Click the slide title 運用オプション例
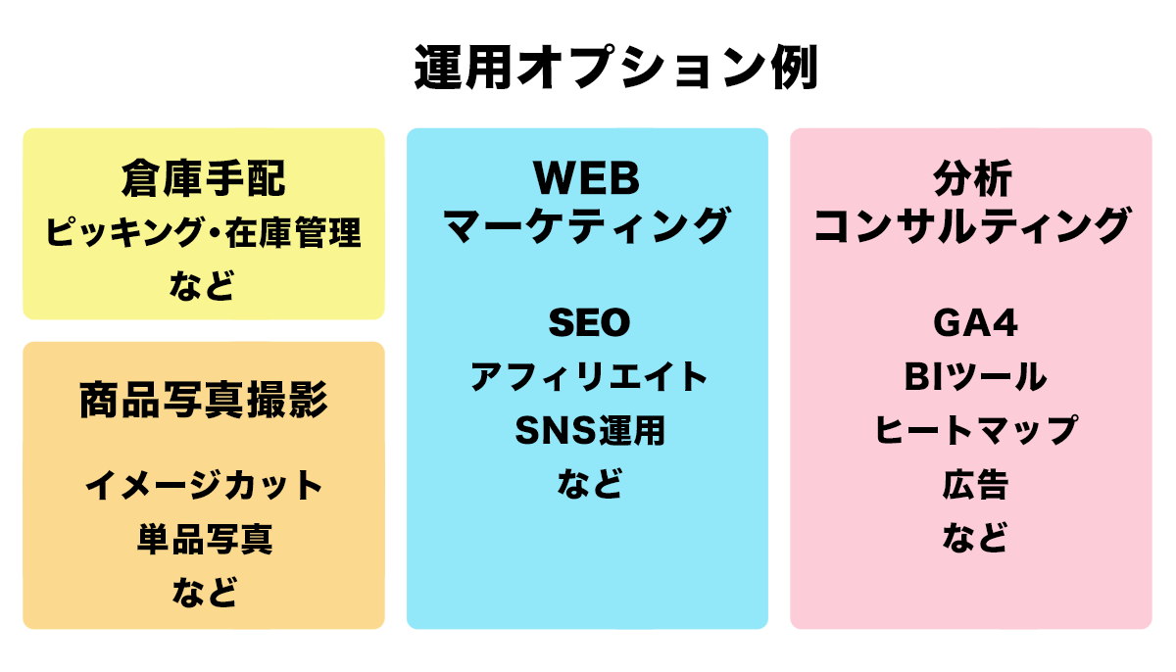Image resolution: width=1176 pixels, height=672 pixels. tap(616, 68)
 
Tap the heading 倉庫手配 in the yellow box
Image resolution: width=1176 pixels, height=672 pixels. tap(204, 178)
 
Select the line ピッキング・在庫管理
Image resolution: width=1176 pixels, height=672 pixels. tap(204, 232)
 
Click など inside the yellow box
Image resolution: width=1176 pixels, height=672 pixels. tap(202, 285)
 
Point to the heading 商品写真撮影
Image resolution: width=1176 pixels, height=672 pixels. tap(204, 400)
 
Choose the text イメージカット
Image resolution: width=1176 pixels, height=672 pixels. tap(204, 485)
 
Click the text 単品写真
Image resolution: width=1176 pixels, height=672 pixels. tap(205, 539)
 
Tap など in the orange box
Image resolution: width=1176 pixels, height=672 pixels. tap(205, 593)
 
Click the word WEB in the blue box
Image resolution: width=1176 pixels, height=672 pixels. tap(587, 178)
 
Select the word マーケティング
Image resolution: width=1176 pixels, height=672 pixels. tap(587, 225)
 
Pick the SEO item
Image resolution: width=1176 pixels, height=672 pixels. tap(589, 322)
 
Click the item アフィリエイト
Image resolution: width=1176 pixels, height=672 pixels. tap(589, 377)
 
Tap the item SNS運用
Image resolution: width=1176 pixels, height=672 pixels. tap(590, 430)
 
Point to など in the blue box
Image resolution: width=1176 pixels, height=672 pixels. tap(590, 483)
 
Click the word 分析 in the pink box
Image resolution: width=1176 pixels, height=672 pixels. tap(972, 178)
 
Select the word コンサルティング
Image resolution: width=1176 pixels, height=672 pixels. tap(971, 225)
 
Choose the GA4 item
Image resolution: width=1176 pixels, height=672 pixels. tap(975, 322)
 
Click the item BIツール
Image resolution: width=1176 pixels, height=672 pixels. tap(975, 377)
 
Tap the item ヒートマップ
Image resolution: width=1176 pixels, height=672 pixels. tap(976, 430)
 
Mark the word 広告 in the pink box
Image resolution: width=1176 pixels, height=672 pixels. tap(975, 484)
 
